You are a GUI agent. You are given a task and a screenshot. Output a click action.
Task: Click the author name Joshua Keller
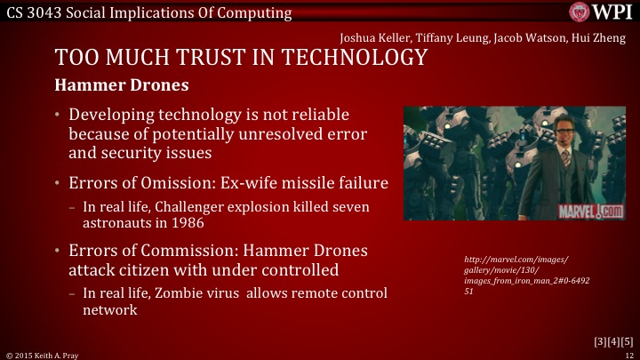(373, 37)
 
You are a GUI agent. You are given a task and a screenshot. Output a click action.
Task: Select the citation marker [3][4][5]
(613, 341)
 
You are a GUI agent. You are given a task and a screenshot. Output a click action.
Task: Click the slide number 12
(628, 354)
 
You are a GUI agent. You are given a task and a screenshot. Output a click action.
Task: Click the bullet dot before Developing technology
(58, 116)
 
